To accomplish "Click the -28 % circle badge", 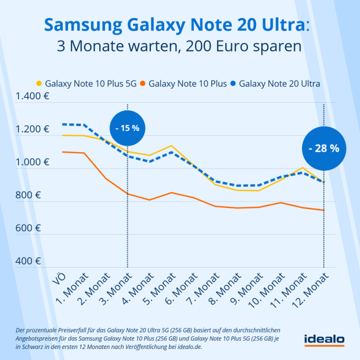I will [323, 148].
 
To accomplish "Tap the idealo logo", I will [324, 340].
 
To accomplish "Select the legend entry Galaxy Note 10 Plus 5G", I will [90, 84].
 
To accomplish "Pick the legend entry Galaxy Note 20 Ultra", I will [279, 84].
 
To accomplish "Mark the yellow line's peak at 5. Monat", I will [171, 146].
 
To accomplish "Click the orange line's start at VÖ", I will [62, 152].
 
